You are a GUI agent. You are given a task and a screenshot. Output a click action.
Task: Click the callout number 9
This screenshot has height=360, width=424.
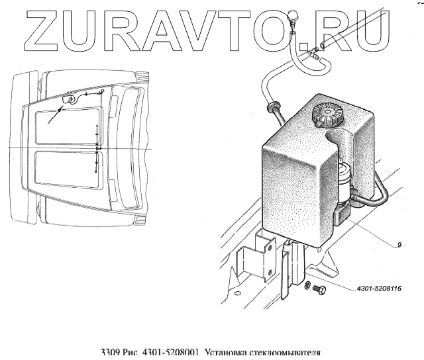(x=399, y=245)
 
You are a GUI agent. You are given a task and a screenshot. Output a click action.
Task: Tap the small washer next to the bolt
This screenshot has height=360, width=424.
(x=307, y=285)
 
